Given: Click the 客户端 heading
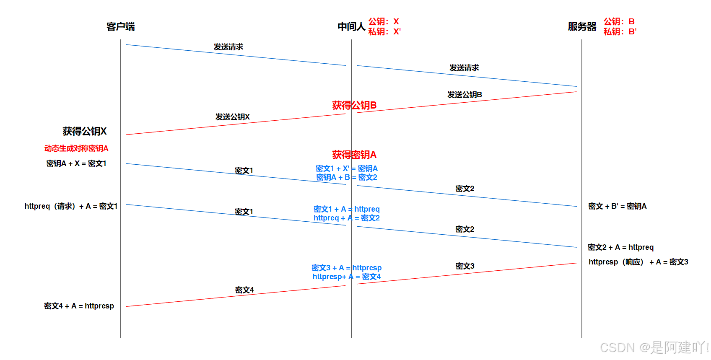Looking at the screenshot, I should coord(120,27).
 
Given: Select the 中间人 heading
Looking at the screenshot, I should coord(351,27).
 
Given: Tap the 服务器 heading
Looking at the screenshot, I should coord(582,27).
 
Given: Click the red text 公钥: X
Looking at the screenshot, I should coord(384,21).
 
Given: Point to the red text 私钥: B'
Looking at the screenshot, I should coord(620,31).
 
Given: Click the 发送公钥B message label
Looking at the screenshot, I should coord(464,95).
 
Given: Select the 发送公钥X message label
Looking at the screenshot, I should coord(232,117).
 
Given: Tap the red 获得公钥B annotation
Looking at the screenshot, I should coord(354,105).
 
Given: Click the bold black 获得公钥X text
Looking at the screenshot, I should coord(85,131).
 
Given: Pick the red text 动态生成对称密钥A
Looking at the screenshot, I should coord(76,148).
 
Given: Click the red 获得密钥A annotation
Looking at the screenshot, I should coord(354,155).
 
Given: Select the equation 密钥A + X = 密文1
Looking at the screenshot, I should coord(76,163).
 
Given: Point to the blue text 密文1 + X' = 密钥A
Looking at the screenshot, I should coord(347,168).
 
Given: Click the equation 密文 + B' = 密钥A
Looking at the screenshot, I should coord(617,206).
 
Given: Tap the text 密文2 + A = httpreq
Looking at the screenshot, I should coord(620,247).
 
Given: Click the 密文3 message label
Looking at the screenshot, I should coord(465,266).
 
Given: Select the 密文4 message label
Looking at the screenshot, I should coord(244,290).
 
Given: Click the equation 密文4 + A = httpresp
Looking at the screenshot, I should coord(79,306).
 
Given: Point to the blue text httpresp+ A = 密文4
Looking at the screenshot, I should coord(347,277).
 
